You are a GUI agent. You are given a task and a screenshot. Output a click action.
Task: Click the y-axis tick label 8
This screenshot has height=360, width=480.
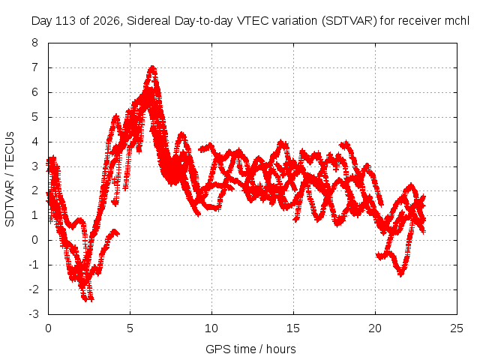point(34,43)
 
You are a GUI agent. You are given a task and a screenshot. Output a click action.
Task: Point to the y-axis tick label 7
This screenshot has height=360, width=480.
point(34,67)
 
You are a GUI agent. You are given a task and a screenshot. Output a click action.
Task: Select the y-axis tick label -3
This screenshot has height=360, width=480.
point(33,314)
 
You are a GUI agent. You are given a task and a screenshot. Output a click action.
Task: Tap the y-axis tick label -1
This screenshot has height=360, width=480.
point(33,265)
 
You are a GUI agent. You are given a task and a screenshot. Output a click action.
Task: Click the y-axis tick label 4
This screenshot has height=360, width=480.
point(34,142)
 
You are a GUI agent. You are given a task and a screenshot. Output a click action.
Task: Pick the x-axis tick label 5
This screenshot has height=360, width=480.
point(130,328)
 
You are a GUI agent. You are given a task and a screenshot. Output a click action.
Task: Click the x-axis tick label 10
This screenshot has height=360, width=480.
point(211,328)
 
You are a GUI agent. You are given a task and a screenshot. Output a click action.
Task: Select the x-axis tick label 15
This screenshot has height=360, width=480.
point(293,328)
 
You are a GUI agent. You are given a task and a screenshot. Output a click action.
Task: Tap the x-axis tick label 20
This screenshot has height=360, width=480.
point(375,328)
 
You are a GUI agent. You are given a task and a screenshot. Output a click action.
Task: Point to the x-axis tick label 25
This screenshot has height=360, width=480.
point(457,328)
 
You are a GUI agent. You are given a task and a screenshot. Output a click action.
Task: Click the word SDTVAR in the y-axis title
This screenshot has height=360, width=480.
point(10,203)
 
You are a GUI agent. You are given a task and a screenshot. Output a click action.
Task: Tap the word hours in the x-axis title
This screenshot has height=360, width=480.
point(281,349)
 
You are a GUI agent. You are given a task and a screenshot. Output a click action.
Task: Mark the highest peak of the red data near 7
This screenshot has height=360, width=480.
point(152,67)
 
